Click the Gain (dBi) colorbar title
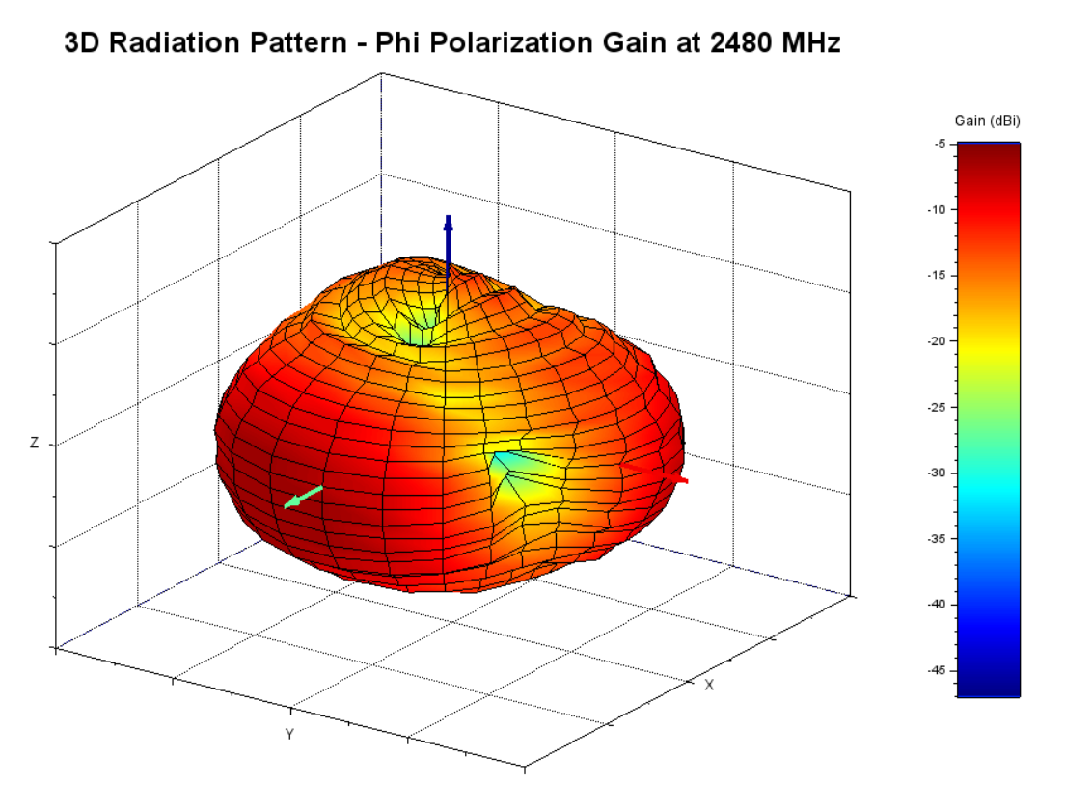(x=987, y=121)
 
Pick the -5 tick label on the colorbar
(x=939, y=144)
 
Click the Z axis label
(x=35, y=444)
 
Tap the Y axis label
(x=288, y=735)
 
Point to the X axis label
(x=709, y=685)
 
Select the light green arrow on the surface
(x=302, y=497)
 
